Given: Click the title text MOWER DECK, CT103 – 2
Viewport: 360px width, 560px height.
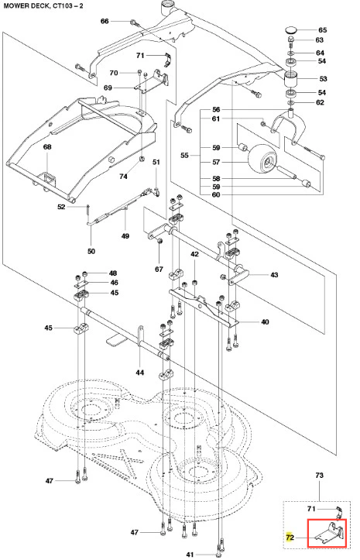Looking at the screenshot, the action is pyautogui.click(x=43, y=6).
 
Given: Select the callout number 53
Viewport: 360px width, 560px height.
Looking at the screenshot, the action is pyautogui.click(x=323, y=78).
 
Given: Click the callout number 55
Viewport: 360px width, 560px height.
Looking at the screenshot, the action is pyautogui.click(x=184, y=156).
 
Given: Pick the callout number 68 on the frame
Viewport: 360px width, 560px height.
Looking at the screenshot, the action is pyautogui.click(x=47, y=147).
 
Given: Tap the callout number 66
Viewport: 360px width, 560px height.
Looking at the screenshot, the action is pyautogui.click(x=105, y=22).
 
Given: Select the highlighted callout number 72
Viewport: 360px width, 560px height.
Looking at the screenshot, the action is pyautogui.click(x=290, y=538).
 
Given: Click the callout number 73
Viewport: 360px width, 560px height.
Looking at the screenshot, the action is pyautogui.click(x=319, y=476).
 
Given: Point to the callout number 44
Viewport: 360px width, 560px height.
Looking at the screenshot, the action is pyautogui.click(x=139, y=373).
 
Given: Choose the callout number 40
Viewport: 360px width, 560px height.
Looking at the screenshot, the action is pyautogui.click(x=265, y=322).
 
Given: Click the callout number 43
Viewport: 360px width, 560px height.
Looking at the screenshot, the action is pyautogui.click(x=274, y=275).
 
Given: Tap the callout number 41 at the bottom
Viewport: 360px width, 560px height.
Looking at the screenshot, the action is pyautogui.click(x=190, y=555).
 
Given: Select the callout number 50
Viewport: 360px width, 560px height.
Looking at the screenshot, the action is pyautogui.click(x=91, y=252).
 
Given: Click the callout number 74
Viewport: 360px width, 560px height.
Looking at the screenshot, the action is pyautogui.click(x=123, y=177).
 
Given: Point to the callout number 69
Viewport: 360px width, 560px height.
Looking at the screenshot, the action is pyautogui.click(x=108, y=88).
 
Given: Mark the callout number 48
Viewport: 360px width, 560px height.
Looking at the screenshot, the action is pyautogui.click(x=113, y=273).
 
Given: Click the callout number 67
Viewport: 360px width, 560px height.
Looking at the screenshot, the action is pyautogui.click(x=159, y=270).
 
